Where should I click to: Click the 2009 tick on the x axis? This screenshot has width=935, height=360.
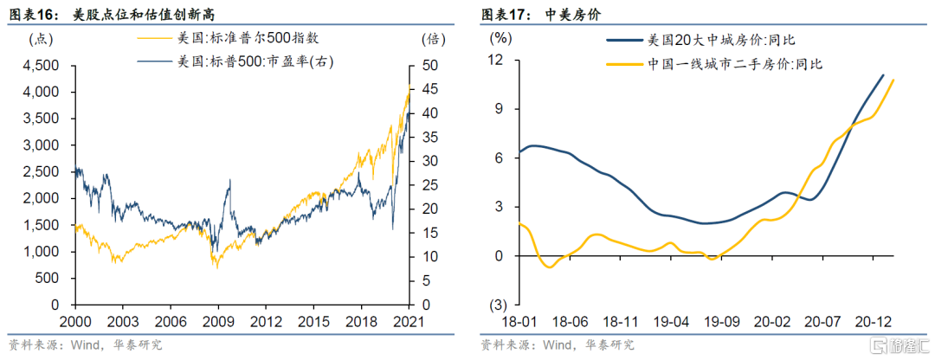[x=217, y=320]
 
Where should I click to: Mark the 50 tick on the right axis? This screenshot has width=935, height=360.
[x=429, y=66]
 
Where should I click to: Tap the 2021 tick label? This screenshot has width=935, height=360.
[x=409, y=320]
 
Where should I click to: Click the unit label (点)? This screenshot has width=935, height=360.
[x=42, y=40]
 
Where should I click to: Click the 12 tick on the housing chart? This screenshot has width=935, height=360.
[x=496, y=60]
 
